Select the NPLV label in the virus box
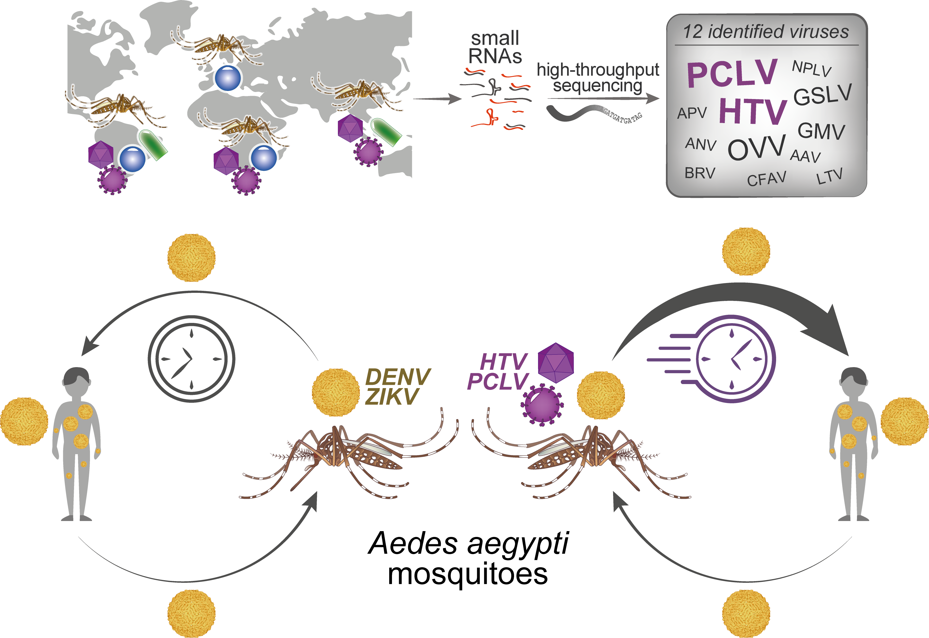click(x=811, y=68)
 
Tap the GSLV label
click(x=823, y=95)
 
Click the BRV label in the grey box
click(x=700, y=173)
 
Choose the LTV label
click(x=829, y=176)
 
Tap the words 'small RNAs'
click(x=495, y=47)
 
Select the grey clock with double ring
click(x=192, y=359)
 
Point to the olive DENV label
click(x=398, y=377)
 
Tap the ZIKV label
click(x=392, y=396)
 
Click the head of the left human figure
click(x=76, y=378)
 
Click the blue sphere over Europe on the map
click(x=228, y=78)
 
